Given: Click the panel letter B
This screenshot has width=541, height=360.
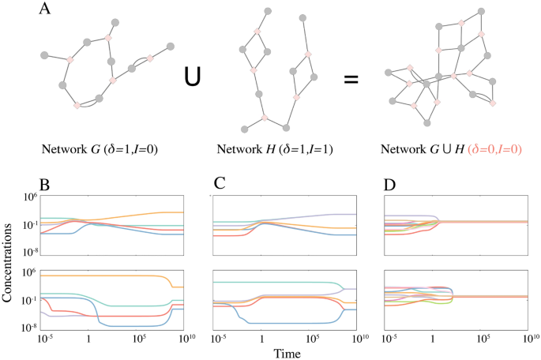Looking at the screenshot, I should point(45,187).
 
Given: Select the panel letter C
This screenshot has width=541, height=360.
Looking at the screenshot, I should point(220,187).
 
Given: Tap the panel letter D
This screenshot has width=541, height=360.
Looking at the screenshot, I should point(390,187).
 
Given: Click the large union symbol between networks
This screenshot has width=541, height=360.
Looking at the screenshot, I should point(192,77).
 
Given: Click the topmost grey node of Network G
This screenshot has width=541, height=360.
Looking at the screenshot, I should point(115,22).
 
